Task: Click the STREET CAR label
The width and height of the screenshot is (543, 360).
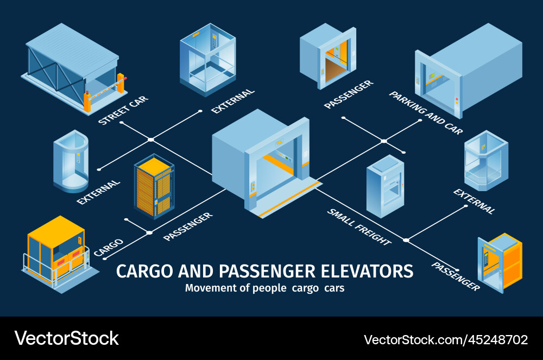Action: coord(123,110)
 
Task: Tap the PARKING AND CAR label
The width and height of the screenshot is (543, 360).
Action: coord(426,113)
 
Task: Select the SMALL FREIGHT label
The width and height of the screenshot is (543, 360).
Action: coord(359,226)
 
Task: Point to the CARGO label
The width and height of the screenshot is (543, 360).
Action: coord(109,247)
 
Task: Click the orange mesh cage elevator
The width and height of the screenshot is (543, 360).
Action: coord(154,186)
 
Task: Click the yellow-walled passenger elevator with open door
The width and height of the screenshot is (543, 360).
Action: coord(499,262)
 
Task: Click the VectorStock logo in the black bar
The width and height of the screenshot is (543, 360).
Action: coord(66,338)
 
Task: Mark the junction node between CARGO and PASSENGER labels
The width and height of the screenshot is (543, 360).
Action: coord(149,232)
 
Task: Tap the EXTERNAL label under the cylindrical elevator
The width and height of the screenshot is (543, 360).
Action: coord(98,192)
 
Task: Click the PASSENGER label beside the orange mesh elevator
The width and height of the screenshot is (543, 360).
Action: coord(188,226)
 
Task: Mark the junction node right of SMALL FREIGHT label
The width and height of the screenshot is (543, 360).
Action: coord(406,239)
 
